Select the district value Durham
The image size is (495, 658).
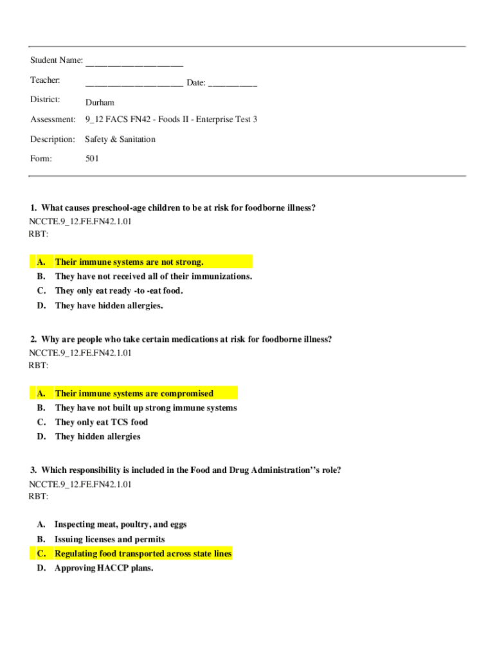pos(100,102)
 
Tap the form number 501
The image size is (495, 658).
pos(92,158)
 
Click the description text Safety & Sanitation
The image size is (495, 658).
pos(120,139)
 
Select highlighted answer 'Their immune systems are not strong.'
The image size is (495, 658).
pos(129,262)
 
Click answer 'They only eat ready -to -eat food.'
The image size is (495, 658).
pos(119,291)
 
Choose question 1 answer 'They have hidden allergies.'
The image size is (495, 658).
pos(109,306)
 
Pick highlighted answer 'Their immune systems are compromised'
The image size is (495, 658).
pos(134,393)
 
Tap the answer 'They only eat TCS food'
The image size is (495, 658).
pos(102,422)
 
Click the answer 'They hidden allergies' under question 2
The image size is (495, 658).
pos(98,437)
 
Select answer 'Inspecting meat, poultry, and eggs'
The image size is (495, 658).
pos(121,524)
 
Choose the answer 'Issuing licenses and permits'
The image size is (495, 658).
pos(110,540)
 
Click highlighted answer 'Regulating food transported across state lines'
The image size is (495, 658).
pos(143,554)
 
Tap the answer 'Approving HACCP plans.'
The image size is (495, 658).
pos(104,569)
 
